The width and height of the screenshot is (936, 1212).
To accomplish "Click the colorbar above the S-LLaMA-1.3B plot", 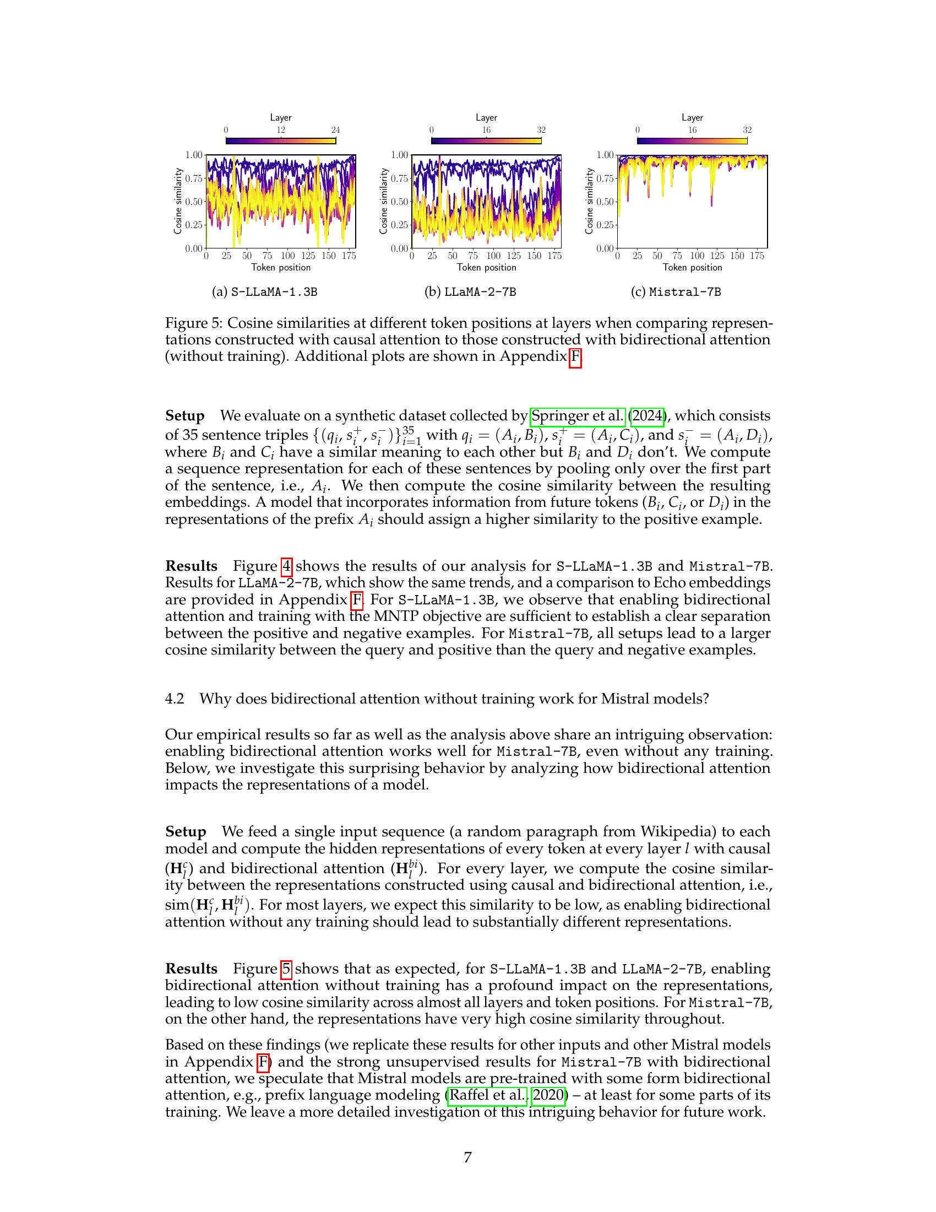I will click(281, 140).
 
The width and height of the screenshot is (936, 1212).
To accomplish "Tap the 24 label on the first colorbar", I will click(335, 130).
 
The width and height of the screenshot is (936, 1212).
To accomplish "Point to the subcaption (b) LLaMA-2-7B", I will click(470, 292).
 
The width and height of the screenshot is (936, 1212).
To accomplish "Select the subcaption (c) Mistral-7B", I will click(676, 292).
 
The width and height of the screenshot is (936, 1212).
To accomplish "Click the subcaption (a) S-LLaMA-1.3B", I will click(264, 292).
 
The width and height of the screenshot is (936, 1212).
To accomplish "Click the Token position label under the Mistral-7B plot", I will click(692, 268).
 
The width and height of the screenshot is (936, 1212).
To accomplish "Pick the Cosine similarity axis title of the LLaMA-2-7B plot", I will click(383, 201).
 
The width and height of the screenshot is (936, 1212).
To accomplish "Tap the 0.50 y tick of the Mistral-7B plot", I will click(605, 202).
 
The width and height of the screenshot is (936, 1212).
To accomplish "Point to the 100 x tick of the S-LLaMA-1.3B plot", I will click(287, 256).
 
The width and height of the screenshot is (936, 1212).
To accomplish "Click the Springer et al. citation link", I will click(578, 415).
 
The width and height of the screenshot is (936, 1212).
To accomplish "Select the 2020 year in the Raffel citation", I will click(548, 1095).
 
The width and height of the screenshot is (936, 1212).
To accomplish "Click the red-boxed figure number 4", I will click(286, 566).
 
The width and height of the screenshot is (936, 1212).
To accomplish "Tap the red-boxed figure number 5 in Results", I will click(286, 969).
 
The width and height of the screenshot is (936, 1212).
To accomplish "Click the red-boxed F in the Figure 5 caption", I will click(575, 356).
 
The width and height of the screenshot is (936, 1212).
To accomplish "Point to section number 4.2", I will click(174, 699).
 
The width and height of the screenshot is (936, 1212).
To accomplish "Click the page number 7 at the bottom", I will click(467, 1157).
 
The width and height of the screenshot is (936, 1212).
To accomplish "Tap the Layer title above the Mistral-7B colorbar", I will click(692, 118).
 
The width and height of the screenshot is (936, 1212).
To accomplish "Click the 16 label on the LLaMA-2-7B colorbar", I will click(486, 130).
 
